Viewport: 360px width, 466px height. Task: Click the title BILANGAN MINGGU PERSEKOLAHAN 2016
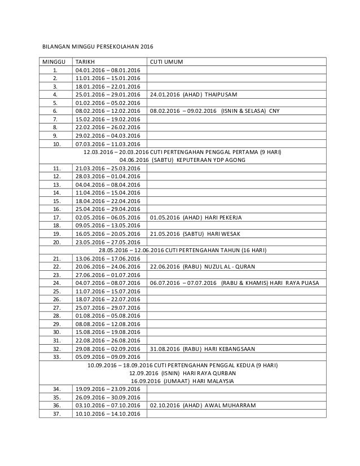pos(98,46)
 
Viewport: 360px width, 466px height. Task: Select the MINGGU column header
pos(53,61)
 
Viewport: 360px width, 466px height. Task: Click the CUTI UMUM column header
pos(166,61)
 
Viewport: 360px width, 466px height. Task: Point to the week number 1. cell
pos(55,70)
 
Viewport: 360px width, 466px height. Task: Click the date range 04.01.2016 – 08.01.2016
pos(107,70)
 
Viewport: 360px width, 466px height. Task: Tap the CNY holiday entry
pos(214,111)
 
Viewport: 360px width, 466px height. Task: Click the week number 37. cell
pos(55,414)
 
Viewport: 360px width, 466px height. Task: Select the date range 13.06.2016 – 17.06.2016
pos(107,258)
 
